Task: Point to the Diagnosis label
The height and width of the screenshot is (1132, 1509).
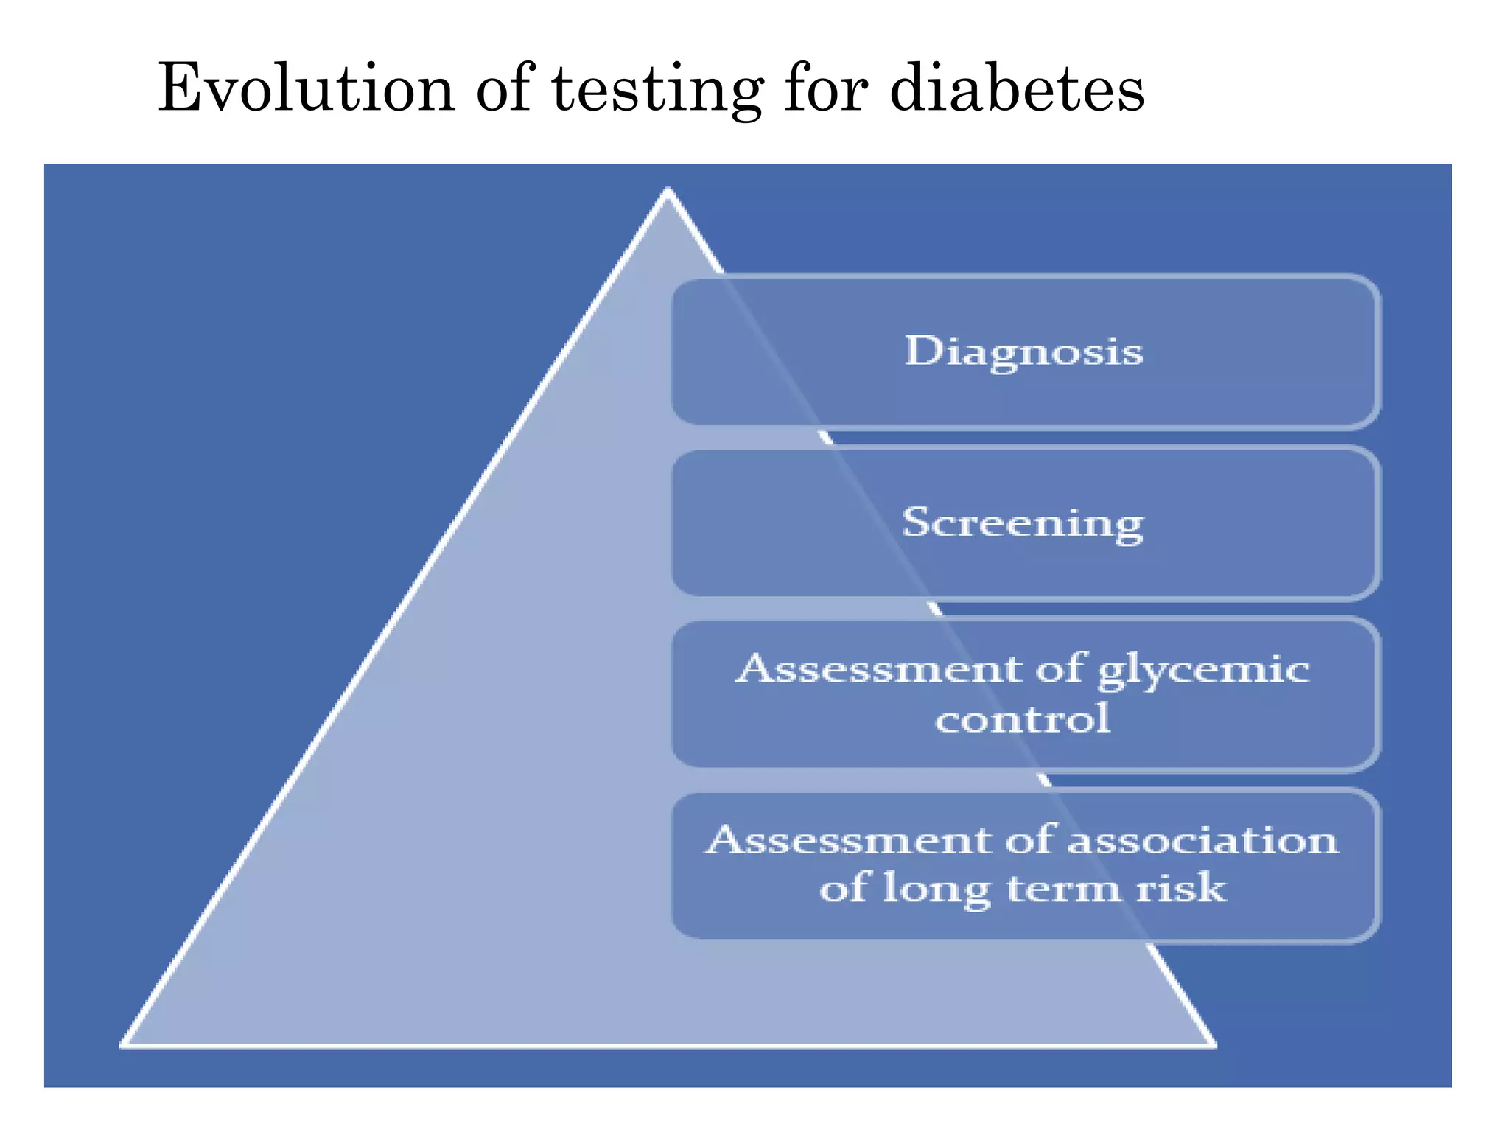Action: point(1023,352)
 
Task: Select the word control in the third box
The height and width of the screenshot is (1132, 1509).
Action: point(1023,719)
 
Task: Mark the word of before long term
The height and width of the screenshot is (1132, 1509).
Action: point(844,888)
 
